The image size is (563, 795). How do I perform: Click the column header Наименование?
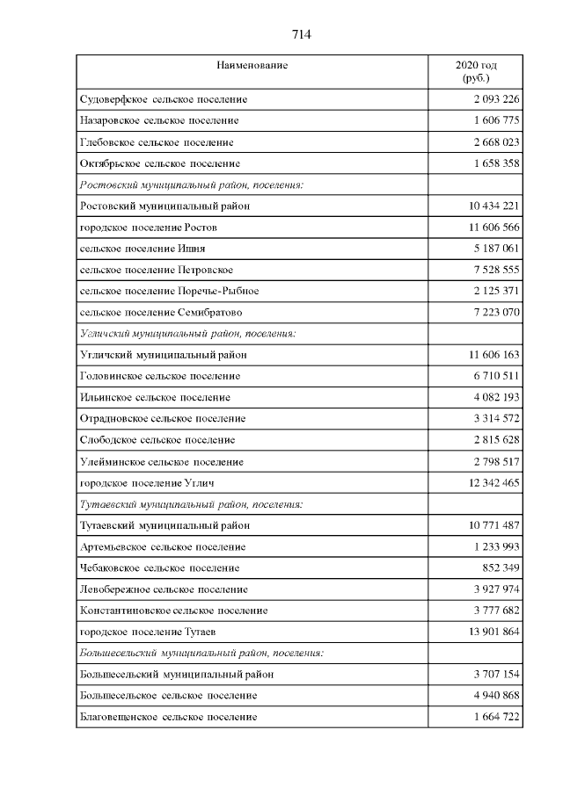[252, 65]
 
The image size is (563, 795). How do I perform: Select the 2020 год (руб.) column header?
[476, 72]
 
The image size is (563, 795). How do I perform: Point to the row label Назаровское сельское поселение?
[158, 120]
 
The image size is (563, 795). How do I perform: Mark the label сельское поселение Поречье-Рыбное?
[169, 291]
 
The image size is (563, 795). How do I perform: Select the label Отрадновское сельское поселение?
[162, 419]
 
